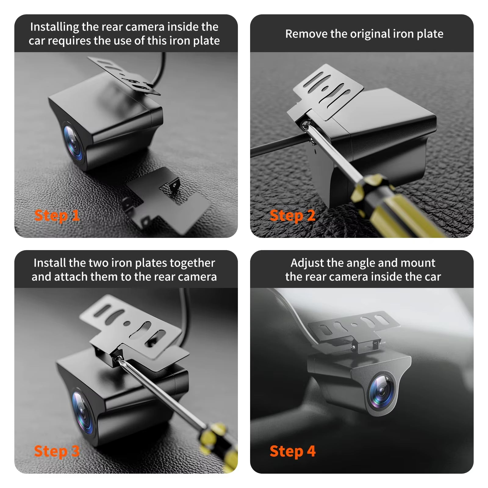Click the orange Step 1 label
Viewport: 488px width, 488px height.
57,216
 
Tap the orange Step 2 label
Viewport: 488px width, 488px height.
292,216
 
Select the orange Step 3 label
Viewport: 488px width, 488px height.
57,451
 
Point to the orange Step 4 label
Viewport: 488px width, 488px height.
292,451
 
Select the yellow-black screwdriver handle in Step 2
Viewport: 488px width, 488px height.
393,207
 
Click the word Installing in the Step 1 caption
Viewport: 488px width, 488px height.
55,27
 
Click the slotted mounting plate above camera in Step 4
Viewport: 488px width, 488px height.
354,326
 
